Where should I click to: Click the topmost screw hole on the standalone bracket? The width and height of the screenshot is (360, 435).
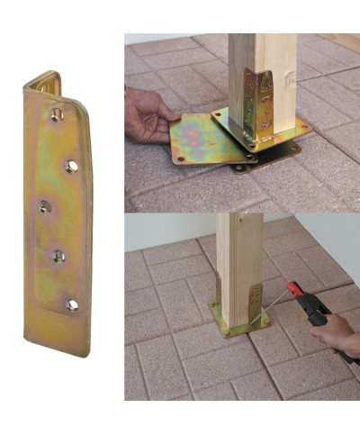click(x=56, y=114)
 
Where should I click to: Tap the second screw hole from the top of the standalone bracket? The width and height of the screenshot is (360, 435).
click(x=72, y=167)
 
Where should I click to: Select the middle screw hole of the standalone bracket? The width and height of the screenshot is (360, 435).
click(x=45, y=207)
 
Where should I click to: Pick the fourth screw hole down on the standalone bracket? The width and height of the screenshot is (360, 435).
click(x=58, y=257)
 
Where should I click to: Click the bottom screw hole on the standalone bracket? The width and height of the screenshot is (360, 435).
click(x=72, y=304)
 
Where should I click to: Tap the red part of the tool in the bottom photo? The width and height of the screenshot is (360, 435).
click(x=294, y=291)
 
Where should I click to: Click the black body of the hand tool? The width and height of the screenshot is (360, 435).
click(x=315, y=311)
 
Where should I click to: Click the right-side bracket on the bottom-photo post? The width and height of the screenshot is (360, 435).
click(x=256, y=302)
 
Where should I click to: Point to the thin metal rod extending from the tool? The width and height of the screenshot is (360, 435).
click(x=274, y=306)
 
